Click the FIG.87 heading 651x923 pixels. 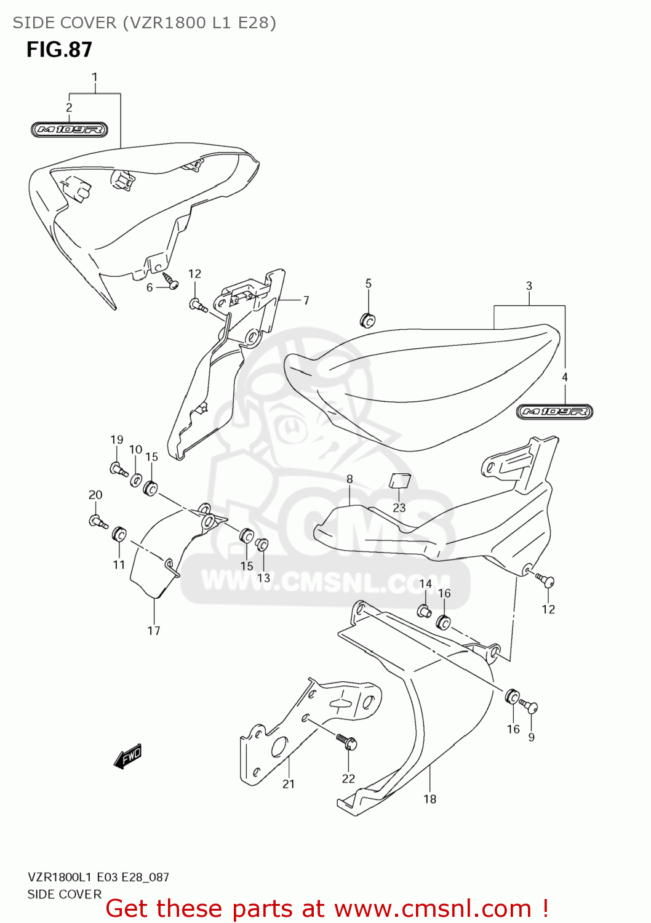coord(59,50)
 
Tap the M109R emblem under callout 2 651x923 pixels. coord(70,130)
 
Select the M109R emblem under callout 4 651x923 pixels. coord(554,412)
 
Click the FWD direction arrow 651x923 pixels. coord(128,756)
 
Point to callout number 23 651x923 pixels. coord(399,508)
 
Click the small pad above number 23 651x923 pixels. coord(399,481)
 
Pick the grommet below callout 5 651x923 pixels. coord(367,320)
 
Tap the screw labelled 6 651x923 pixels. coord(170,281)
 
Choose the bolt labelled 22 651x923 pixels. coord(347,741)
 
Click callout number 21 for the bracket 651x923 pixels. coord(289,784)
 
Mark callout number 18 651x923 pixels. coord(430,799)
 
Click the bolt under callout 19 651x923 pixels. coord(118,469)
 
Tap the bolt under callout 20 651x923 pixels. coord(98,522)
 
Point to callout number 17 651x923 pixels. coord(154,630)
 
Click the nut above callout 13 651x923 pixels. coord(262,545)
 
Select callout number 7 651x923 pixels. coord(306,300)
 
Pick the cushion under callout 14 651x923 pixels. coord(424,611)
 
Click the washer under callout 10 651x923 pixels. coord(136,479)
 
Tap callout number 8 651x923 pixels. coord(349,479)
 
